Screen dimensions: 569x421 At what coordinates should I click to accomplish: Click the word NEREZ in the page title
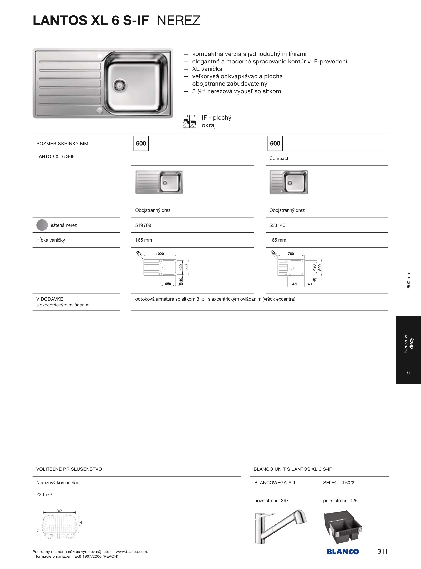tap(179, 21)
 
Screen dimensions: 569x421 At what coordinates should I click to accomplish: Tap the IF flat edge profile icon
tap(189, 121)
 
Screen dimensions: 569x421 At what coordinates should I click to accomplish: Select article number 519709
tap(143, 225)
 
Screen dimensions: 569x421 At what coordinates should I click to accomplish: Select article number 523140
tap(277, 225)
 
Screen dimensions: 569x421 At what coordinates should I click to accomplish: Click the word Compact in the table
tap(279, 158)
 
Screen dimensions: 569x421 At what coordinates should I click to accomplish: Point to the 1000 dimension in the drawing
tap(160, 254)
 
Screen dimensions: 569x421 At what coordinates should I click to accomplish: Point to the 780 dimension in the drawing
tap(291, 254)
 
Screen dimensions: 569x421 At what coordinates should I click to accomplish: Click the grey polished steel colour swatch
tap(42, 225)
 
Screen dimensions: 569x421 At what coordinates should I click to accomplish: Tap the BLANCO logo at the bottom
tap(343, 551)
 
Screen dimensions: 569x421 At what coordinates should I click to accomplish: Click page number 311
tap(382, 551)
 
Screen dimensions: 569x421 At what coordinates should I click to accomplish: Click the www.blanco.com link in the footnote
tap(131, 552)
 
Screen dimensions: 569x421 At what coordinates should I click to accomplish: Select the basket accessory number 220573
tap(44, 494)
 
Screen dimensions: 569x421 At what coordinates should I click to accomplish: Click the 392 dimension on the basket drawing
tap(59, 511)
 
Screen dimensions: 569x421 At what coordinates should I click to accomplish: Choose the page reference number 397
tap(285, 501)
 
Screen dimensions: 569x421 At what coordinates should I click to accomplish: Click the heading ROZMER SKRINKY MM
tap(62, 144)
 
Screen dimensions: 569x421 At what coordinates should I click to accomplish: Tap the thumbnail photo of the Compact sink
tap(288, 182)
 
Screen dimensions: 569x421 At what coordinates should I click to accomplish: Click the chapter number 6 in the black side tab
tap(408, 372)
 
